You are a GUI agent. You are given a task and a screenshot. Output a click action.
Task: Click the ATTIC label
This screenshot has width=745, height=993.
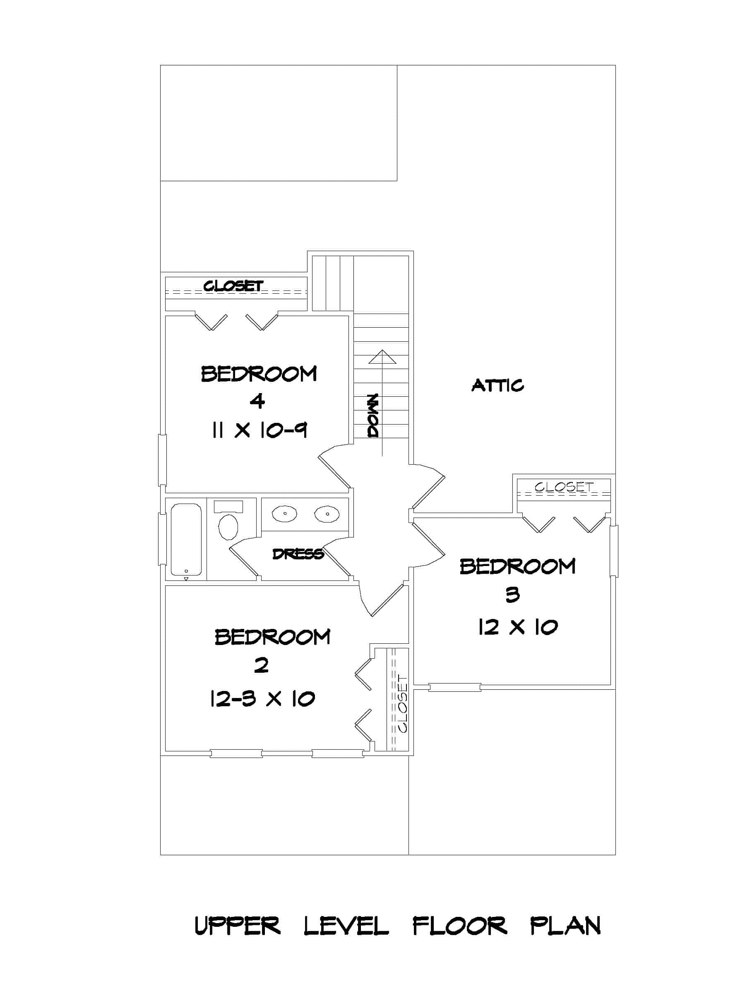coord(497,385)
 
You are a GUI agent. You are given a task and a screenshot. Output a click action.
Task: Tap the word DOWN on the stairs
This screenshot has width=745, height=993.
coord(373,415)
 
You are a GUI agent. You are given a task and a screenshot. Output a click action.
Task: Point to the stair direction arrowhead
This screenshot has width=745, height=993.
coord(382,357)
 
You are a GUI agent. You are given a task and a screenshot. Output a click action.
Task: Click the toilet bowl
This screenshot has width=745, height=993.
coord(228,527)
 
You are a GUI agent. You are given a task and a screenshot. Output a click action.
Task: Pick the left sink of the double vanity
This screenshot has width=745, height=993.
coord(284,513)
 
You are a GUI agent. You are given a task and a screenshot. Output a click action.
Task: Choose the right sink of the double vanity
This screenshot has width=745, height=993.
coord(327,513)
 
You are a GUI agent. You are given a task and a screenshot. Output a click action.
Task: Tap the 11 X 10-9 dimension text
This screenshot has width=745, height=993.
coord(259,431)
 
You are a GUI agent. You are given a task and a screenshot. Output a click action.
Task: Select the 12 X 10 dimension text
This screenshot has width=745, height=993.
coord(517,627)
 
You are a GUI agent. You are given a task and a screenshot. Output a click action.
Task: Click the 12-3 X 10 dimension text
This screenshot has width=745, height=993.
coord(262,698)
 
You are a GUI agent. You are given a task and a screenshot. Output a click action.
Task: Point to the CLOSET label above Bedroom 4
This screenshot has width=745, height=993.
coord(233,286)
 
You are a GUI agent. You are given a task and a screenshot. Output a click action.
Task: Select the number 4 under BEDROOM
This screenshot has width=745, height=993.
coord(257,401)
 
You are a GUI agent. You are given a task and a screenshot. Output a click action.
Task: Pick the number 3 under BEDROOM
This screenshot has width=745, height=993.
coord(512,595)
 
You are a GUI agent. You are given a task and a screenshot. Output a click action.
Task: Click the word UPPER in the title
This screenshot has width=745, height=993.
coord(237,926)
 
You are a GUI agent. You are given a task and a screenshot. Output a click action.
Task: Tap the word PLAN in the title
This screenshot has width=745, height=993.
coord(565,926)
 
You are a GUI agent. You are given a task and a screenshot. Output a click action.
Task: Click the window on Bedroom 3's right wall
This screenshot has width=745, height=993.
coord(613,550)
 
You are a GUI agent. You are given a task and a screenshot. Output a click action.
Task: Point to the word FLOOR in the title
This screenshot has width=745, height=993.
coord(459,926)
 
